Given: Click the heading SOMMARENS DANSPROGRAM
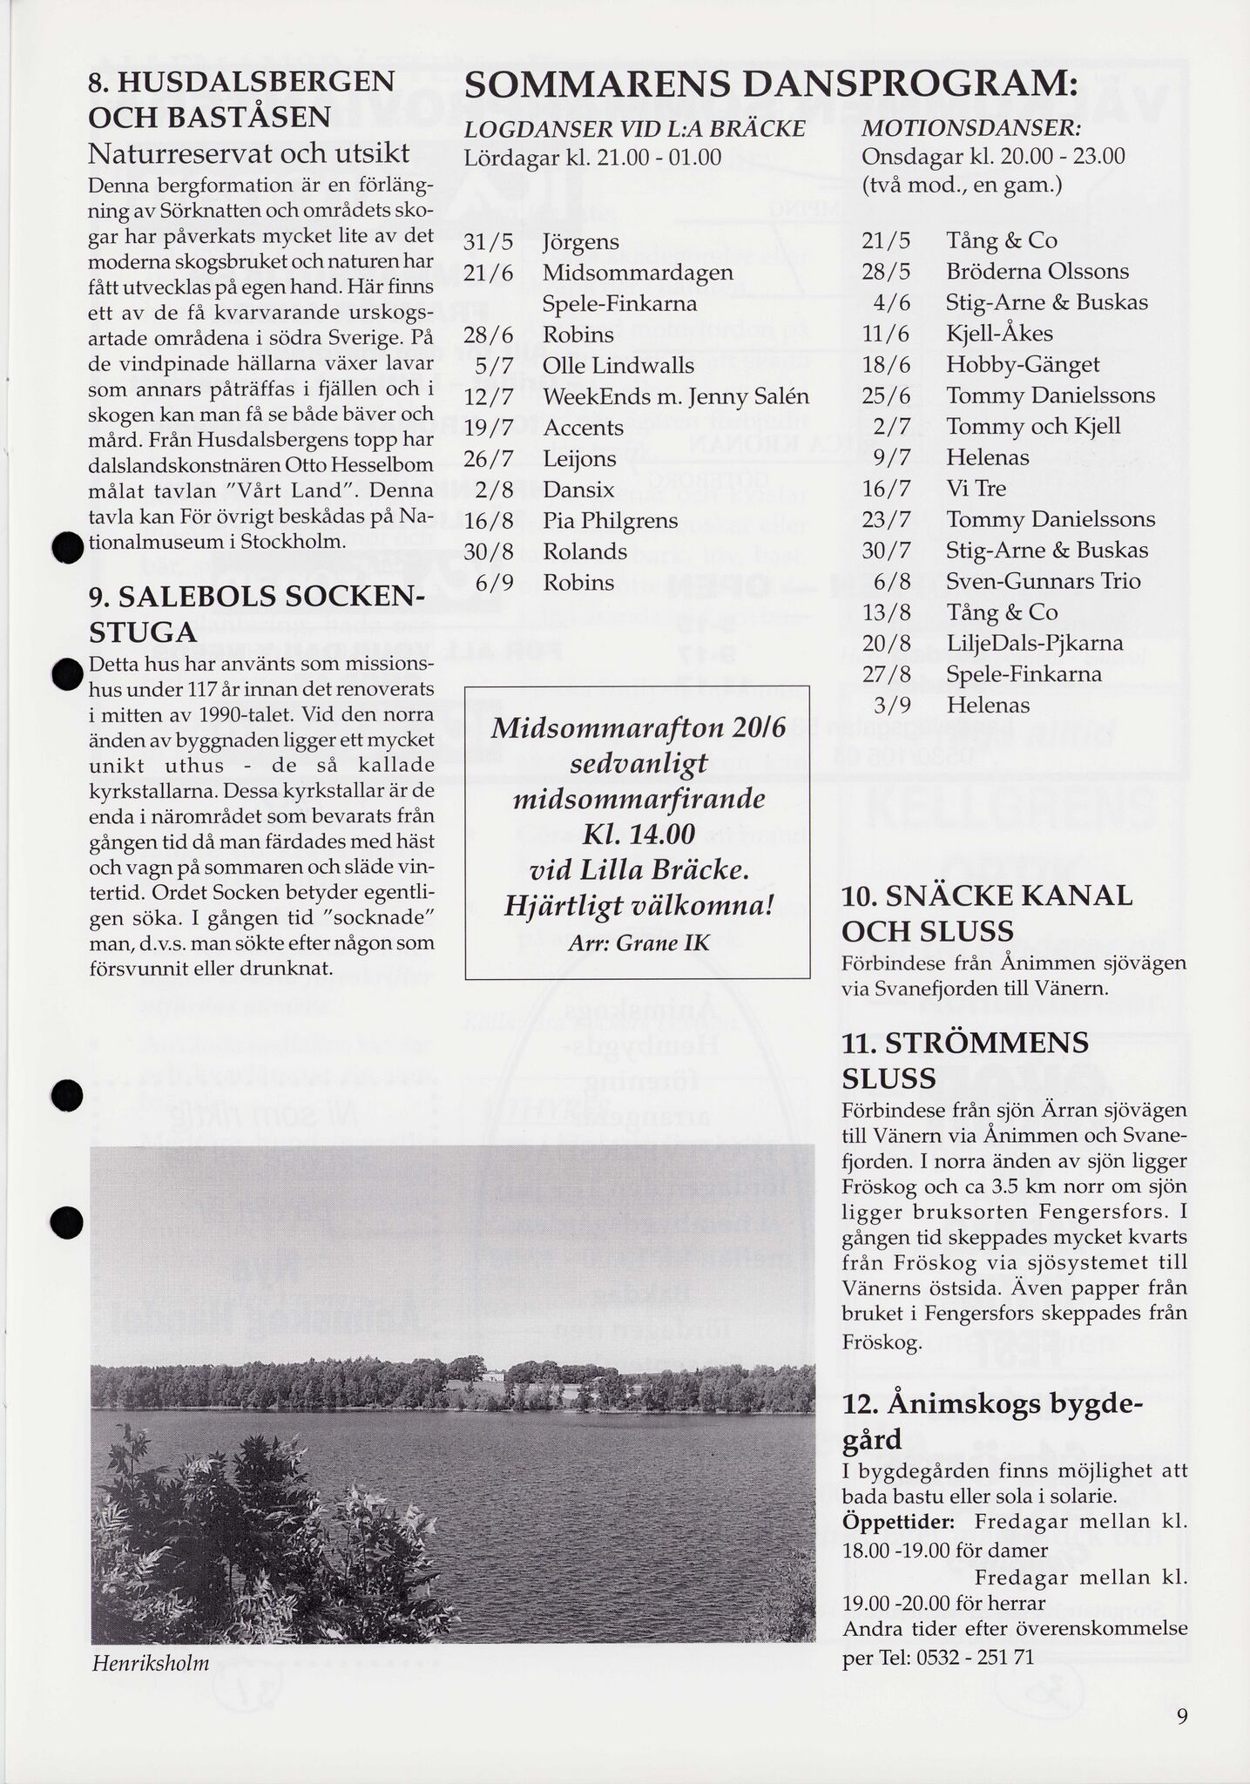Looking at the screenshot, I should [x=770, y=87].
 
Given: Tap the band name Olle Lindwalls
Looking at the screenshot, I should [x=618, y=366].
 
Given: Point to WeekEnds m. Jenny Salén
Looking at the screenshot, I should [x=676, y=397].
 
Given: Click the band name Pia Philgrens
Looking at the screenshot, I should [x=610, y=521].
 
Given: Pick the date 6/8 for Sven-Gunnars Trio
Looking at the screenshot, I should [x=886, y=581].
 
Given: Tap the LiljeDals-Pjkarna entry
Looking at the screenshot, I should [x=1035, y=644].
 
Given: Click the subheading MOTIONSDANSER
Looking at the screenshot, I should [x=971, y=129].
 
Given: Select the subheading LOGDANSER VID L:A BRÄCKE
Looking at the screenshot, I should [x=635, y=129].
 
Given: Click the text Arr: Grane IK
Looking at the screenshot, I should [x=638, y=943].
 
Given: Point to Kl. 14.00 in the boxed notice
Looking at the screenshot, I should [x=638, y=835].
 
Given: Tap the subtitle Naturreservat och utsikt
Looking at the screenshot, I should [x=249, y=153].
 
